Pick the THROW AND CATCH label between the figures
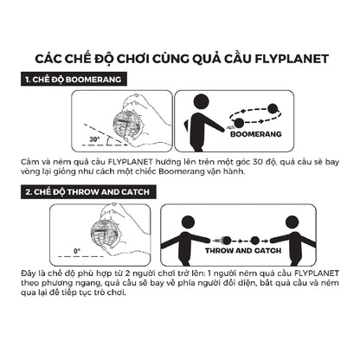click(x=250, y=250)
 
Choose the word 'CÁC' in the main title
click(x=50, y=58)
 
